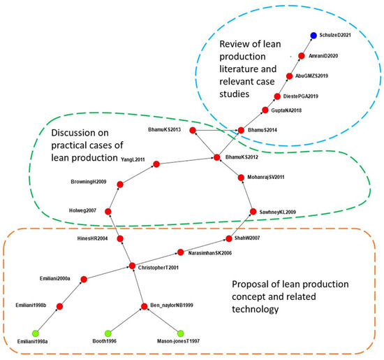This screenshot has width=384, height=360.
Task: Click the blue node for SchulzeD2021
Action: [x=314, y=35]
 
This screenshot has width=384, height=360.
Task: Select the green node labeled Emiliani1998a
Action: [x=28, y=333]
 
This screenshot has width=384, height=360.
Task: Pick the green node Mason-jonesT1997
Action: [x=180, y=333]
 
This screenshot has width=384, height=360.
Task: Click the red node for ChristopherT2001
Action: [x=132, y=266]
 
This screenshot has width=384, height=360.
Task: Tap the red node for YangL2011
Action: [x=156, y=164]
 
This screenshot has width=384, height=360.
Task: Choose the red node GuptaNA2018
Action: [x=265, y=110]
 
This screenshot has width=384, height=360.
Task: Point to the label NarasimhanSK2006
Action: [x=207, y=252]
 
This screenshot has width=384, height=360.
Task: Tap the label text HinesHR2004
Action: [x=93, y=239]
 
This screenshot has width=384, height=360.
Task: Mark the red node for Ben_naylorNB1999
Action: [x=144, y=306]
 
